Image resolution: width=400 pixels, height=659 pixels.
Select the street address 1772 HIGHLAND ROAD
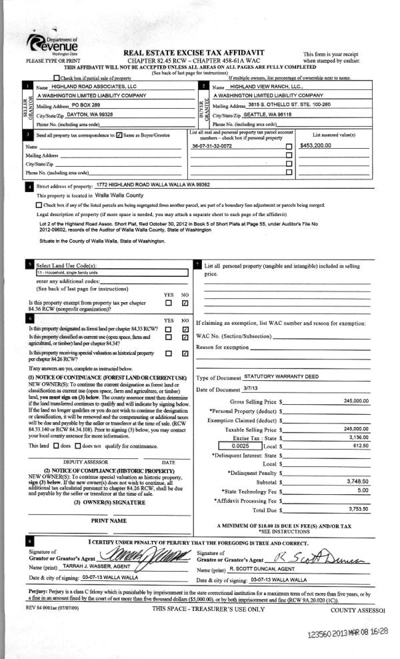pyautogui.click(x=153, y=185)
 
